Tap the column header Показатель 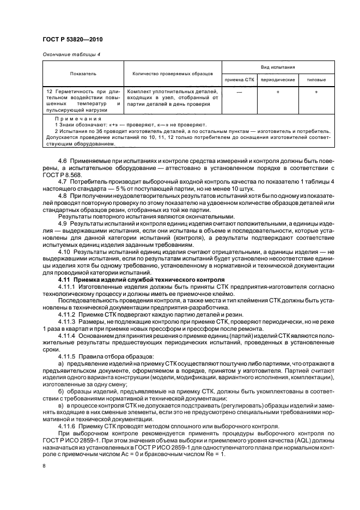pos(82,74)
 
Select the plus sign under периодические pos(278,92)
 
